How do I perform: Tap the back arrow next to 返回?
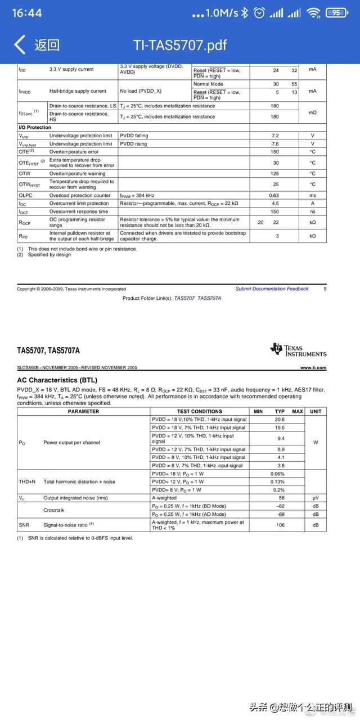click(20, 44)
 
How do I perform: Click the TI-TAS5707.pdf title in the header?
click(180, 45)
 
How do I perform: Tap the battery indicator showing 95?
click(336, 12)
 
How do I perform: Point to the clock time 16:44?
click(26, 12)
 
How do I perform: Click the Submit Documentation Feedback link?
click(272, 289)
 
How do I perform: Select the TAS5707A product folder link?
click(209, 298)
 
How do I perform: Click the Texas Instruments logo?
click(298, 350)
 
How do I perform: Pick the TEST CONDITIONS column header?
click(199, 411)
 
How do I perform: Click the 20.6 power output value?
click(280, 420)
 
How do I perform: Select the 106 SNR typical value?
click(280, 525)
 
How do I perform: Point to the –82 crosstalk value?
click(280, 506)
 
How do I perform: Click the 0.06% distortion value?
click(277, 474)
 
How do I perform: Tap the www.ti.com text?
click(313, 367)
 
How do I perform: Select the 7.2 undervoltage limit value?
click(275, 136)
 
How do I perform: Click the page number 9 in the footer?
click(325, 289)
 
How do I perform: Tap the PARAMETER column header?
click(83, 411)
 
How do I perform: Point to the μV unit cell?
click(316, 498)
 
